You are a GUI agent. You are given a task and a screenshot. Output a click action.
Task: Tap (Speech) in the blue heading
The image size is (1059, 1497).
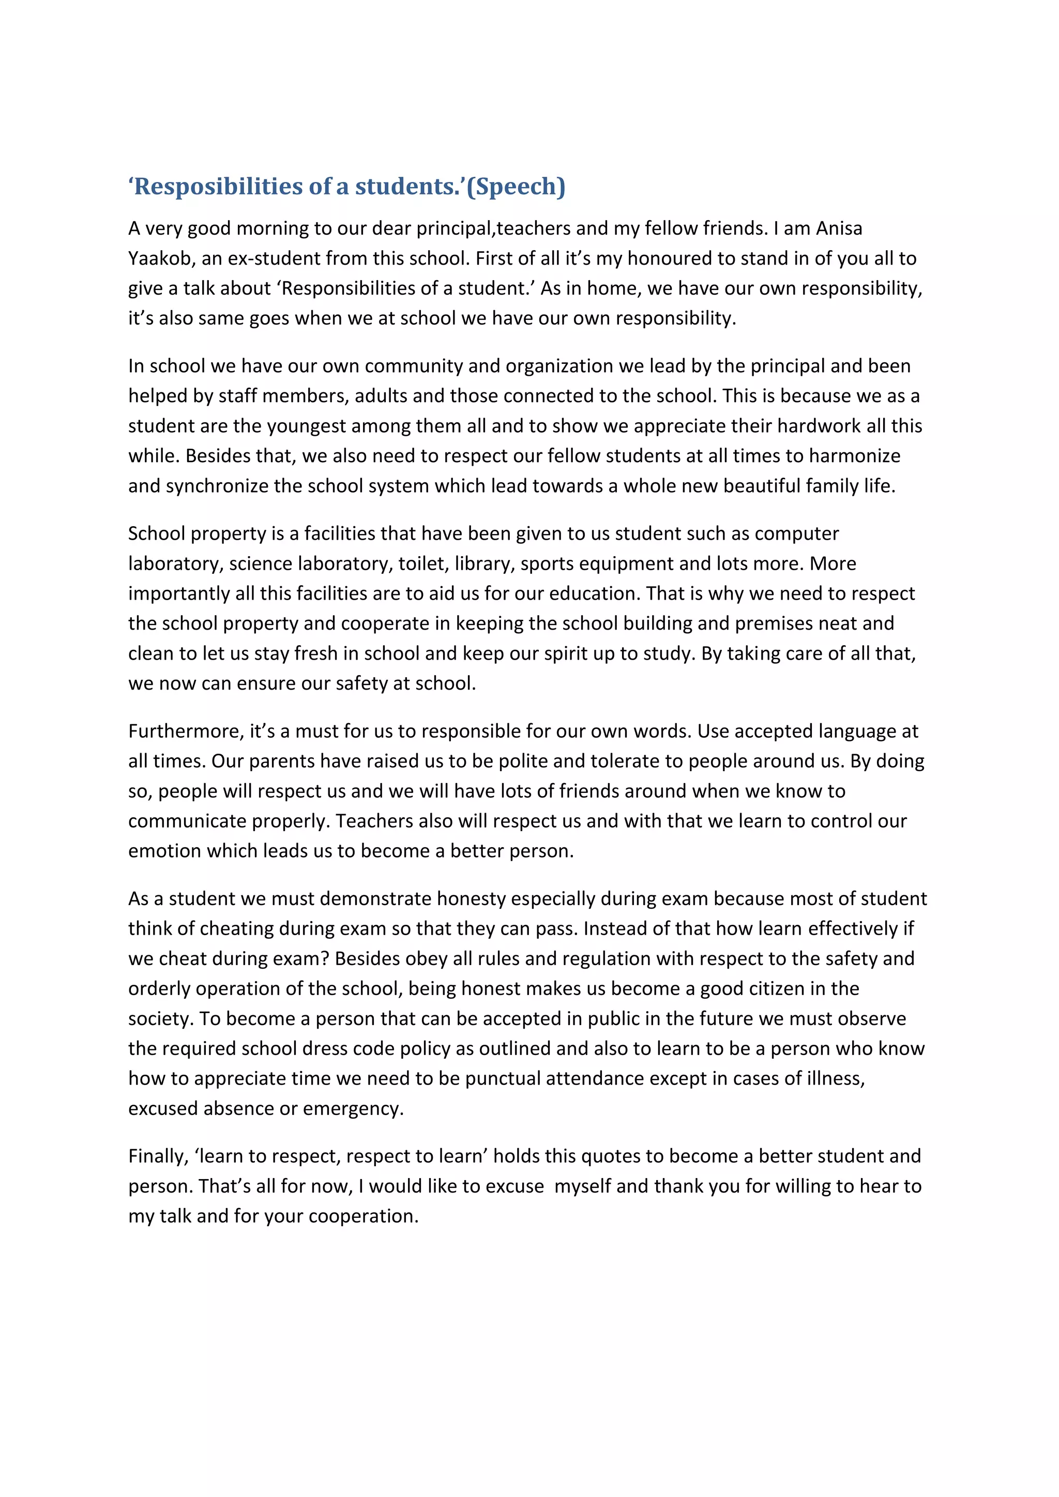[x=516, y=187]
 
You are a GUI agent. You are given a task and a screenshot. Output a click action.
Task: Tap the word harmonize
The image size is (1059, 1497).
[x=854, y=456]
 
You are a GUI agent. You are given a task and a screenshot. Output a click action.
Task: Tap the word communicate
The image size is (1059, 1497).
[x=187, y=821]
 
